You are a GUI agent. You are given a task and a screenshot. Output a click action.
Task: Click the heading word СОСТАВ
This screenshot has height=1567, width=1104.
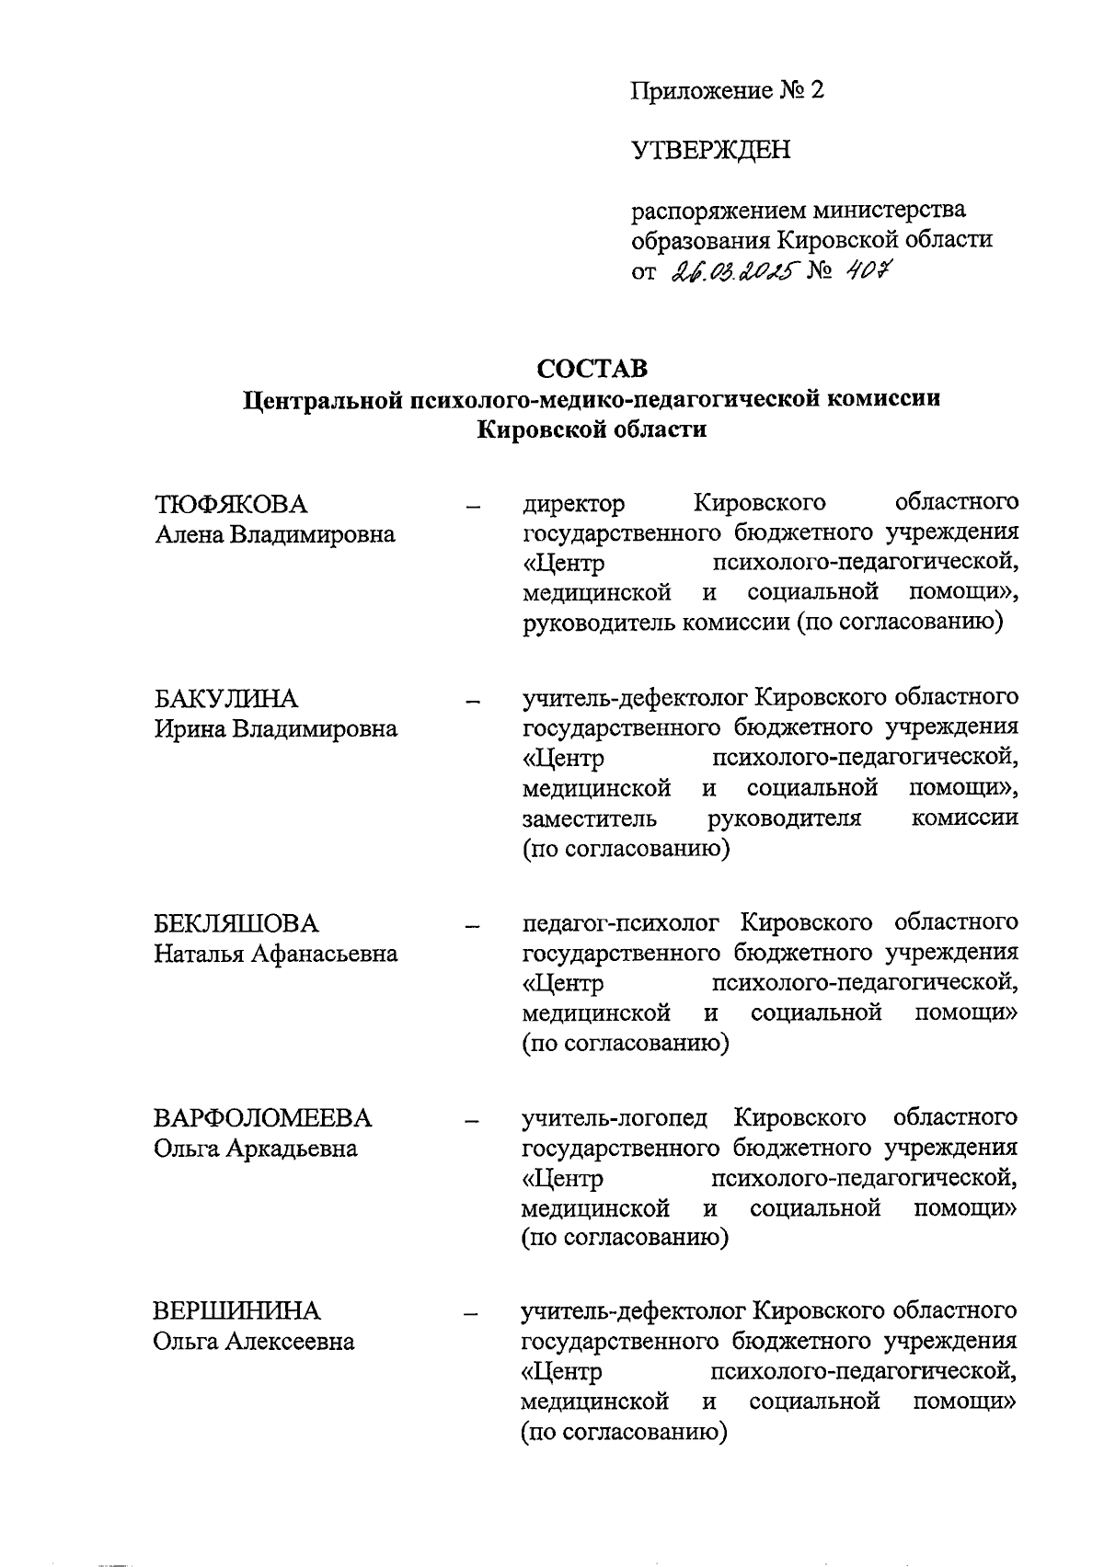point(592,368)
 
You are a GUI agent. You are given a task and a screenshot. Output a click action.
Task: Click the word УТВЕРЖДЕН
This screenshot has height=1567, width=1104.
point(710,150)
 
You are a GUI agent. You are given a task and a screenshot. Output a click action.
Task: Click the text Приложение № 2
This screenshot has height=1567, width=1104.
point(728,90)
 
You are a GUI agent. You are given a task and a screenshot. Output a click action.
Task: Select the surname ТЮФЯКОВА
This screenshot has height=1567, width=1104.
point(230,504)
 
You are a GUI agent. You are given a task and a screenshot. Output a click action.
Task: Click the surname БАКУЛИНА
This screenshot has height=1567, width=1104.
point(225,699)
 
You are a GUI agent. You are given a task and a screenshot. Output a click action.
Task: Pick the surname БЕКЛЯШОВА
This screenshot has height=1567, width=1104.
point(236,923)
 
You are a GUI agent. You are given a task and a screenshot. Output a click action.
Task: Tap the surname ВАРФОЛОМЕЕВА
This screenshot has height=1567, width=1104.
point(262,1118)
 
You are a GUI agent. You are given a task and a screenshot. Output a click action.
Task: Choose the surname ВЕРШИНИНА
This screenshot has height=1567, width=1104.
point(236,1310)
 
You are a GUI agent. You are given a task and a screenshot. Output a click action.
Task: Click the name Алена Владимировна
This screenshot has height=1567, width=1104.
point(274,534)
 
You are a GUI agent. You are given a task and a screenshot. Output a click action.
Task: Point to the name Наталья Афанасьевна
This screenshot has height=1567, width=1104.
point(275,954)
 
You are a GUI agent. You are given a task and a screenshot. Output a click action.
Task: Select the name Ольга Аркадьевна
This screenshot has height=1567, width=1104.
point(255,1149)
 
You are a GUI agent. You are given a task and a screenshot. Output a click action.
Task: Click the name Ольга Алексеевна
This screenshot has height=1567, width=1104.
point(253,1342)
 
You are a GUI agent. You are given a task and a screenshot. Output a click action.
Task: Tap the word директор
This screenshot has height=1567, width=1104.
point(573,504)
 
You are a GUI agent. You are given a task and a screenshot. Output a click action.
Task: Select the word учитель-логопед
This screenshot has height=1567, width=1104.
point(615,1117)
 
